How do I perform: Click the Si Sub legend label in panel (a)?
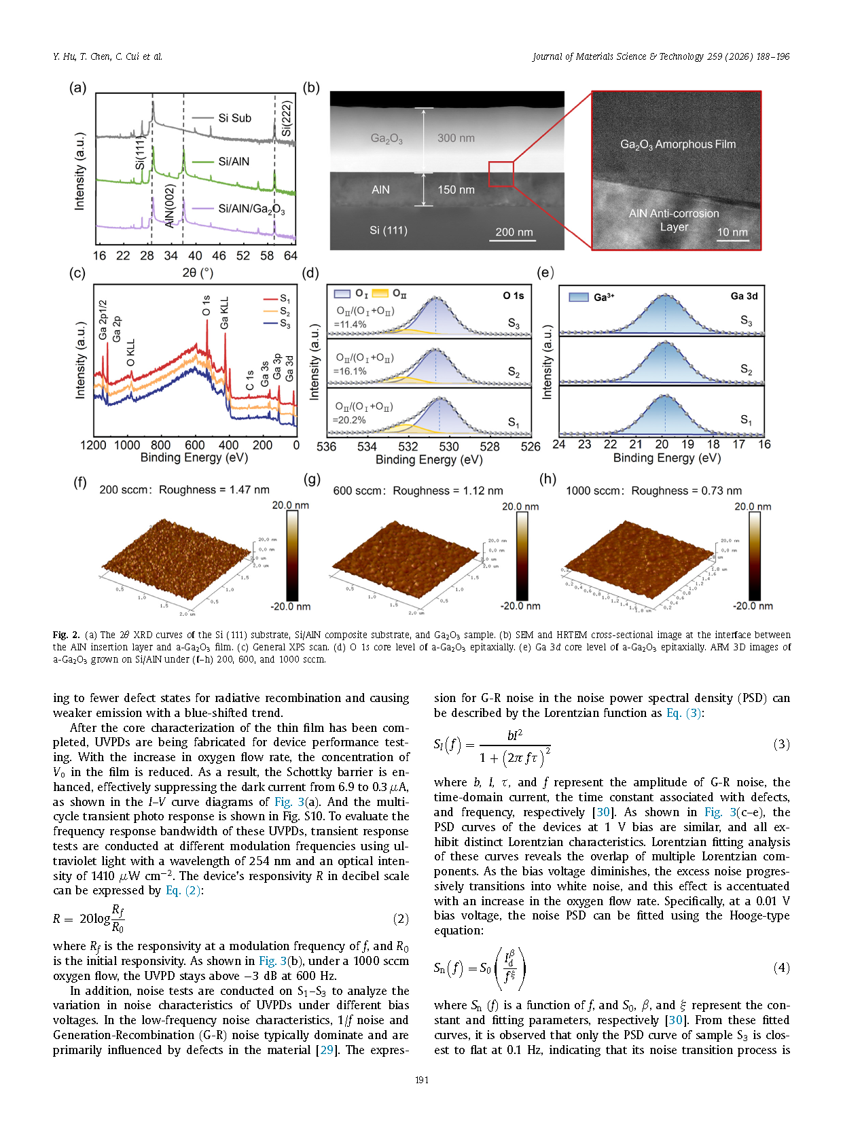click(234, 118)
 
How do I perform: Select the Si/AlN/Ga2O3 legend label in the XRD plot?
click(251, 209)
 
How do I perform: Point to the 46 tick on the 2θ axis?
click(219, 256)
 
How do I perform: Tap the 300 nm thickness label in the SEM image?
click(456, 138)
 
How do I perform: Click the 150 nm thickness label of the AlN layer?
click(456, 190)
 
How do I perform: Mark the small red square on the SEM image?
click(501, 173)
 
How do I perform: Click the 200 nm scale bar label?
click(514, 232)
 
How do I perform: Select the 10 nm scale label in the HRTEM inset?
click(732, 232)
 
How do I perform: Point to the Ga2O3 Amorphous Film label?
click(677, 144)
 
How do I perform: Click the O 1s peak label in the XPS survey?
click(207, 306)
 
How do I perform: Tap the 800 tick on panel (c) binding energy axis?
click(161, 445)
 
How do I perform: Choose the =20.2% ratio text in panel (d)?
click(350, 420)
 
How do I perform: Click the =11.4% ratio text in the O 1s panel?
click(351, 324)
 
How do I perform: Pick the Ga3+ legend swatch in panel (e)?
click(578, 297)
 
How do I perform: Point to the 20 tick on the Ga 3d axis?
click(662, 444)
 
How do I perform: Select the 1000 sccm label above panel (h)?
click(593, 491)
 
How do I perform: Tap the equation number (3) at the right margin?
click(781, 744)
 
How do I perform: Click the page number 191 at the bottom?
click(422, 1080)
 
